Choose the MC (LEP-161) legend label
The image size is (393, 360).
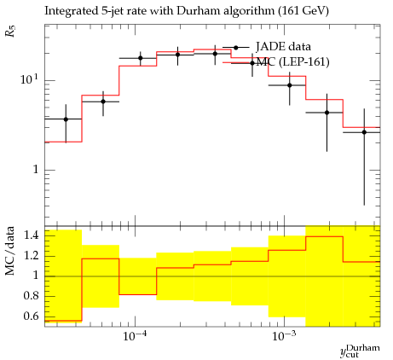click(x=293, y=62)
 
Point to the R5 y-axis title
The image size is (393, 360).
click(x=11, y=31)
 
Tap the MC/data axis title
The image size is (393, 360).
click(x=10, y=251)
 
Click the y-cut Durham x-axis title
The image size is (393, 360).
click(x=360, y=351)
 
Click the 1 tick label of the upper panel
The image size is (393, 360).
click(x=36, y=170)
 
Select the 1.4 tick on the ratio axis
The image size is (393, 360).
click(x=31, y=235)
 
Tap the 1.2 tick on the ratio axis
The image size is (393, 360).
click(x=31, y=255)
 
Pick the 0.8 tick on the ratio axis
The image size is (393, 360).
click(x=31, y=296)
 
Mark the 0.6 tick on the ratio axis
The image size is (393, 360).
click(x=31, y=316)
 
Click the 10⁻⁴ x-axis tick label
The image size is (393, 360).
click(x=134, y=336)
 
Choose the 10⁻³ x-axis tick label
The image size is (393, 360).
click(x=283, y=336)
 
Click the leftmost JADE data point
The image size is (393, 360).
click(x=66, y=119)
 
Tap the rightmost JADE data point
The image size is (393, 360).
click(x=364, y=132)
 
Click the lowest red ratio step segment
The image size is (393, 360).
click(x=63, y=321)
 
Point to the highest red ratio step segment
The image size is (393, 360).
click(x=325, y=236)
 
